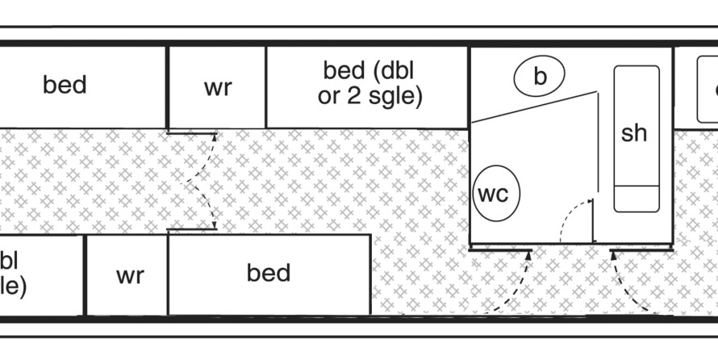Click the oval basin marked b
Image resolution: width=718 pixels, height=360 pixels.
pos(540,76)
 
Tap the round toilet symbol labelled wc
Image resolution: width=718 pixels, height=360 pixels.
pos(496,194)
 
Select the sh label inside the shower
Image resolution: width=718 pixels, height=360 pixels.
pos(634,133)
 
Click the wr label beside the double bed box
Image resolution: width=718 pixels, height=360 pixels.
pos(218,88)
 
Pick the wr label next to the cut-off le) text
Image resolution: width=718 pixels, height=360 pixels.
pos(129,275)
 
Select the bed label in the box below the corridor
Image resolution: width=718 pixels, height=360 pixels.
pos(268,273)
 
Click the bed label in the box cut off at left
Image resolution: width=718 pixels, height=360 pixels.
pos(65,85)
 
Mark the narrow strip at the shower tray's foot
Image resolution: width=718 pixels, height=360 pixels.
pos(637,198)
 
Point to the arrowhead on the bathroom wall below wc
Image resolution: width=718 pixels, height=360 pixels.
pos(528,255)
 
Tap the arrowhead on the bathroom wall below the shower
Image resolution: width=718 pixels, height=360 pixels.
pos(613,256)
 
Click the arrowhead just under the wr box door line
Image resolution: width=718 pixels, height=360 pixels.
pos(214,138)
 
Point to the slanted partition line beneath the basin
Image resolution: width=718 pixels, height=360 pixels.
pos(533,107)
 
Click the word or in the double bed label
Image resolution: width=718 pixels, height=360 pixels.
pos(328,98)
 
